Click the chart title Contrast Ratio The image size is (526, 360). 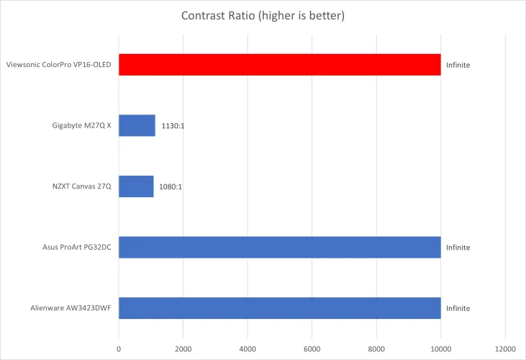coord(263,16)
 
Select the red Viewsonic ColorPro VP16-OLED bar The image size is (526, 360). coord(279,65)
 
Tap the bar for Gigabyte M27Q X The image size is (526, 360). coord(137,125)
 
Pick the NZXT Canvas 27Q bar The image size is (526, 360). coord(136,186)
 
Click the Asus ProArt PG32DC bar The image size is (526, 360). coord(279,247)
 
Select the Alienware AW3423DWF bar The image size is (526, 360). coord(279,307)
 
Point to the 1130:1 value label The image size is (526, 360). coord(173,126)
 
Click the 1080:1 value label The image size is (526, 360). coord(171,186)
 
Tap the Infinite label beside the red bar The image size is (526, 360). coord(458,65)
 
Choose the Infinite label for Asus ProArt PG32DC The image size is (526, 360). coord(458,247)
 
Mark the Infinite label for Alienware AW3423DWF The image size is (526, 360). coord(458,307)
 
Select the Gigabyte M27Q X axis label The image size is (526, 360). coord(77,126)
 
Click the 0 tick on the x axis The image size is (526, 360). coord(119,349)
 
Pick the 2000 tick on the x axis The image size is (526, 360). coord(183,349)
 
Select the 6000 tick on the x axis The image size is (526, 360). coord(312,349)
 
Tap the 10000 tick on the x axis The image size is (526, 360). coord(440,349)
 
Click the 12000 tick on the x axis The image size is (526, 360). coord(505,349)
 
